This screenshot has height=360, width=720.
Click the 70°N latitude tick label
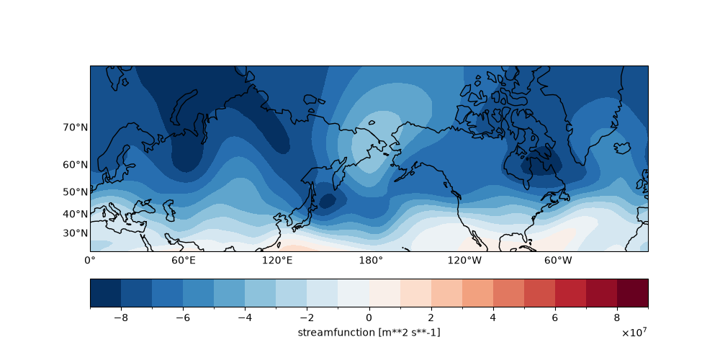coord(76,127)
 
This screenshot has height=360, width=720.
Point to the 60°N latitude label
coord(76,165)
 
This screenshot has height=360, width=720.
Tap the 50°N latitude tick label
coord(76,192)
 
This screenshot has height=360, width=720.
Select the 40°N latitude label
coord(76,214)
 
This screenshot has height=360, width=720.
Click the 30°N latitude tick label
coord(76,233)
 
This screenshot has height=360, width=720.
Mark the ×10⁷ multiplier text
coord(636,333)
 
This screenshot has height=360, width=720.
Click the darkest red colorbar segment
coord(633,292)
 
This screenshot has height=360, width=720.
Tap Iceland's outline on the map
coord(623,148)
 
